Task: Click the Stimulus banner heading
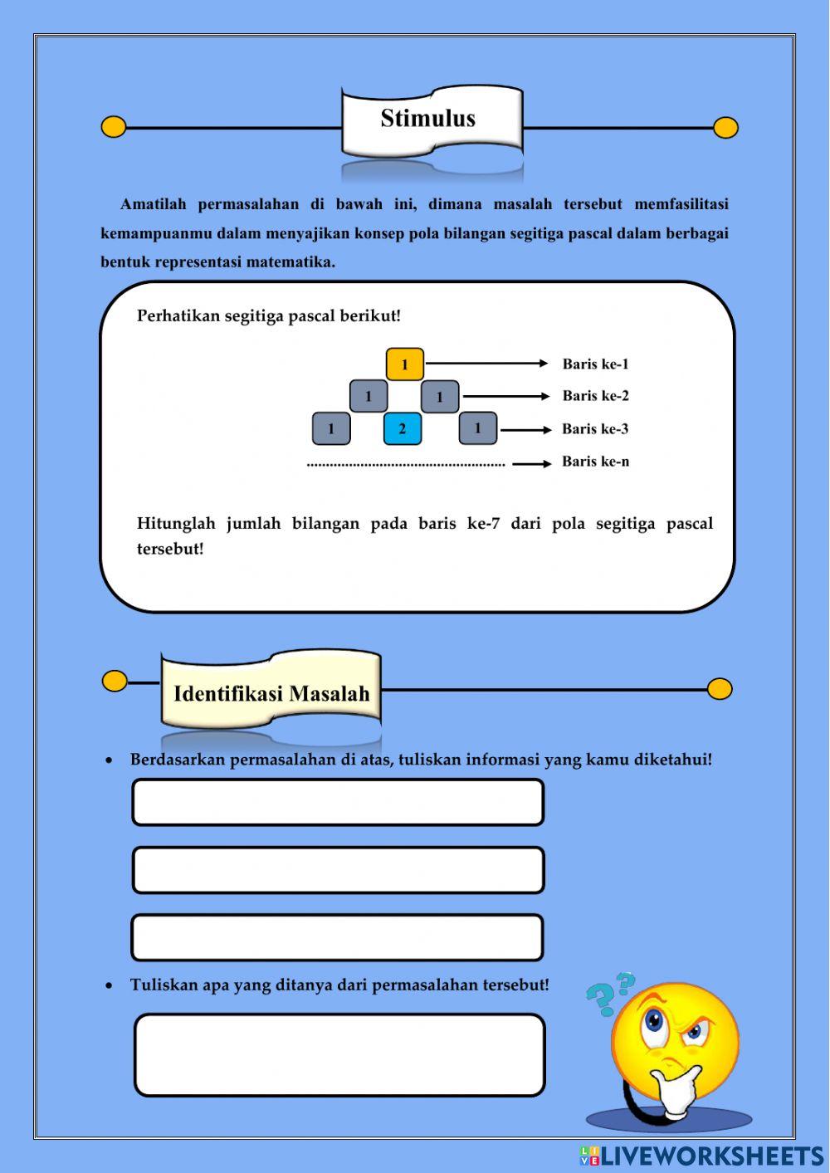(x=428, y=119)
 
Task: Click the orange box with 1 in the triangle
(x=405, y=364)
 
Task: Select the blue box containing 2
(x=403, y=429)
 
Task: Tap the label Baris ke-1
(x=595, y=364)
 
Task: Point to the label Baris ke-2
(x=595, y=396)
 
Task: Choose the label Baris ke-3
(x=595, y=429)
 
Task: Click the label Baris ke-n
(x=595, y=462)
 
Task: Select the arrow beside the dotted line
(x=531, y=463)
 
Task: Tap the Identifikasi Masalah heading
(x=271, y=694)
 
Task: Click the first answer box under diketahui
(x=338, y=803)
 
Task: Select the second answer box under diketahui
(x=338, y=870)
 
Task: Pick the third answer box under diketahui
(x=338, y=938)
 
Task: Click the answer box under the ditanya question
(x=339, y=1055)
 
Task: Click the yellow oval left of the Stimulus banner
(x=114, y=127)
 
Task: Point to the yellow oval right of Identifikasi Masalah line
(x=720, y=689)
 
